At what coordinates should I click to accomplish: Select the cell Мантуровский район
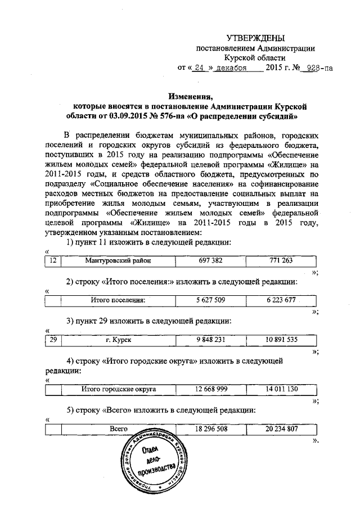118,260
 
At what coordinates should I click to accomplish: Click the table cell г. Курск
118,340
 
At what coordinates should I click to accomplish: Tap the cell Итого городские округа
118,389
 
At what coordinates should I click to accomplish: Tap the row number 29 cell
52,340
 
